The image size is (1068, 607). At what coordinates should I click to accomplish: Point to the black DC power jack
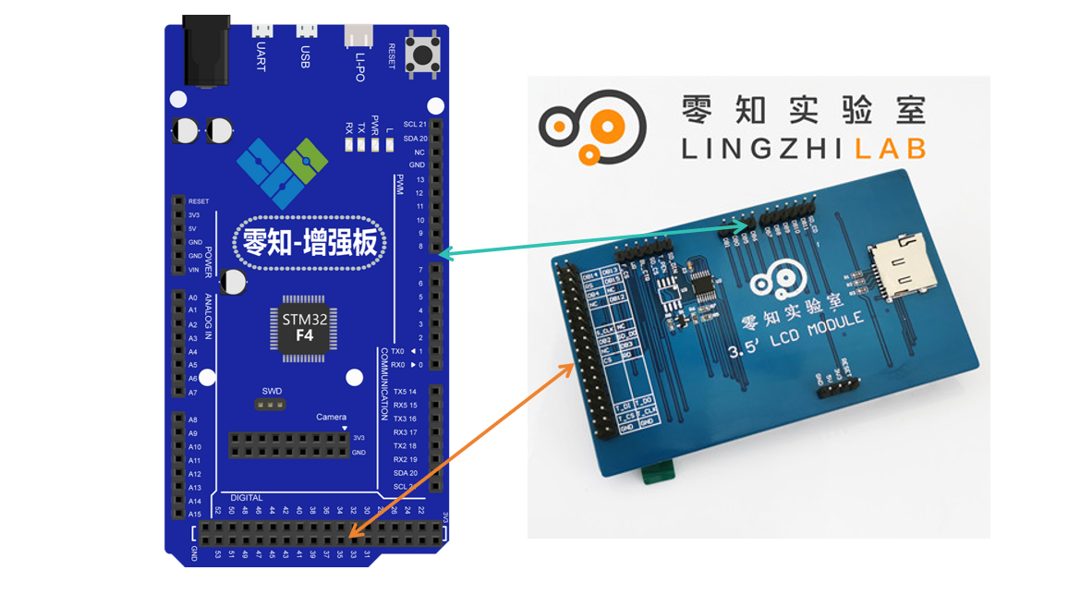point(206,53)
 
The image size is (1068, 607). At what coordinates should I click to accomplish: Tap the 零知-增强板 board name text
point(309,243)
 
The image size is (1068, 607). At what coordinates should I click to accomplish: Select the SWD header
point(271,404)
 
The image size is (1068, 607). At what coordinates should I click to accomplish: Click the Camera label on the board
point(332,417)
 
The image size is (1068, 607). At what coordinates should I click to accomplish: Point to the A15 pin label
point(194,514)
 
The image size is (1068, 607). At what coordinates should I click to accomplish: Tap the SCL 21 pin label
point(415,124)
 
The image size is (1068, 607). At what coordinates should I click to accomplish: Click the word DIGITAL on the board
point(247,498)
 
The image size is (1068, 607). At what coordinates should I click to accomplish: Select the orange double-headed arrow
point(460,451)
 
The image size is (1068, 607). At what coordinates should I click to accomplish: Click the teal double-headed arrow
point(596,236)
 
